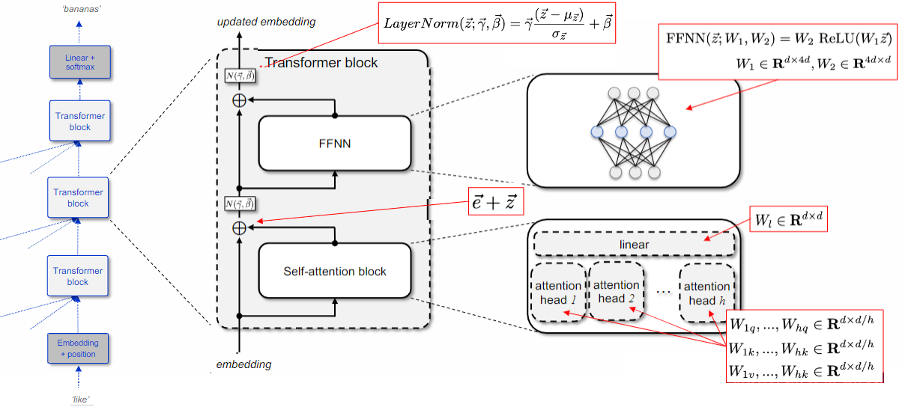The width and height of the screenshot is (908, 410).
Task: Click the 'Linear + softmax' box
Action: (x=79, y=61)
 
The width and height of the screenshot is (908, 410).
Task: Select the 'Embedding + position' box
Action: (x=78, y=348)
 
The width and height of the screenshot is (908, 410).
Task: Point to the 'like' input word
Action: (x=80, y=400)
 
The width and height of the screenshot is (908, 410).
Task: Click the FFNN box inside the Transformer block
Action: (x=335, y=143)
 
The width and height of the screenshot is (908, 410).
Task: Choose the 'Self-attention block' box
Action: (x=335, y=271)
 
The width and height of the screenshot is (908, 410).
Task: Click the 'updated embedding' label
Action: (x=267, y=22)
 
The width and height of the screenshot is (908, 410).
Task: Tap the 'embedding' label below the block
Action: (x=244, y=365)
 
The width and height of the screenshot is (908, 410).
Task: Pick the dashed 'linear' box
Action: (x=634, y=245)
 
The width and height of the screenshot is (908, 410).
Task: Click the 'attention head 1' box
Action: (x=558, y=293)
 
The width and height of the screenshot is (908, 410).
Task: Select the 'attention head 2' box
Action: (x=617, y=292)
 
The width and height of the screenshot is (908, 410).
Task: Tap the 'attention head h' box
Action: (x=706, y=293)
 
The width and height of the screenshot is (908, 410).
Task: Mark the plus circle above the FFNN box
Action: (x=239, y=100)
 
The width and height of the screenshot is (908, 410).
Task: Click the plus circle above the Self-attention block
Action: (x=239, y=227)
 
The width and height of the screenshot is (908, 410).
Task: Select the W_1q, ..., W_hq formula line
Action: (x=802, y=323)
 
